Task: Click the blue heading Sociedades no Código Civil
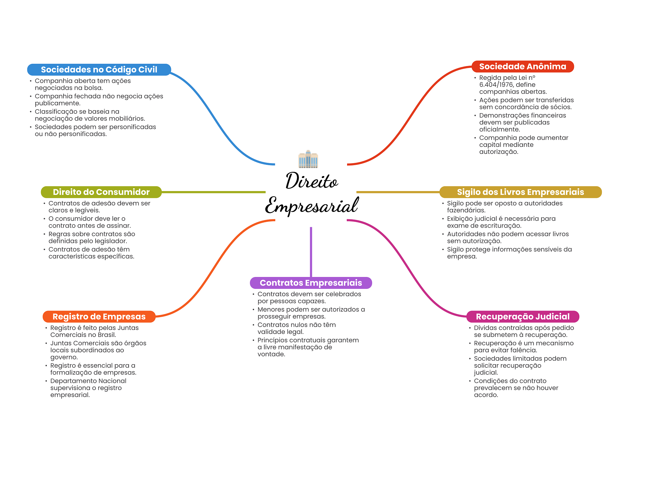99,70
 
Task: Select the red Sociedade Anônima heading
523,66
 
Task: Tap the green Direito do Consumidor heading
101,192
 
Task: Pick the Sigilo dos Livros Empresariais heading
520,192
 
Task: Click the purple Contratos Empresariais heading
311,283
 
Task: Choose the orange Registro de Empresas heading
99,317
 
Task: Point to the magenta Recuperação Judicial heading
523,317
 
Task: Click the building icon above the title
308,159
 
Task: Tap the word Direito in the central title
311,181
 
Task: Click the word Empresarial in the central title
311,206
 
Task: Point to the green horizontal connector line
213,192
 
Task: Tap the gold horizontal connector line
398,192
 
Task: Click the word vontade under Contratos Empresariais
271,354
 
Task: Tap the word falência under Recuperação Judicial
525,350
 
